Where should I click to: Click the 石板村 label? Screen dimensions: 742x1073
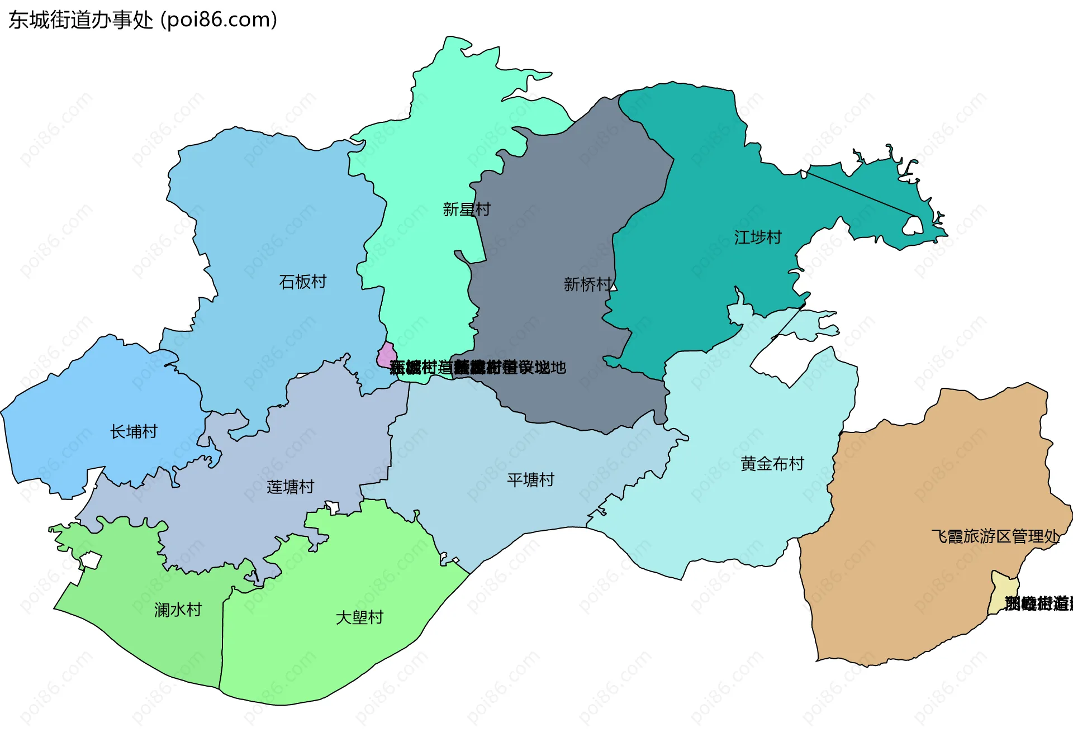pyautogui.click(x=302, y=282)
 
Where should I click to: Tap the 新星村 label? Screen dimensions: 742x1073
pyautogui.click(x=466, y=210)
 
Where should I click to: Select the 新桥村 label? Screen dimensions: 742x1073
pyautogui.click(x=587, y=284)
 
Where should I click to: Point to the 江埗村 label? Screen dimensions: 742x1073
pyautogui.click(x=757, y=237)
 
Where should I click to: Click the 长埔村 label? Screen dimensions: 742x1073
pyautogui.click(x=134, y=431)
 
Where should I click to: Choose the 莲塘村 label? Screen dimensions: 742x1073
pyautogui.click(x=290, y=487)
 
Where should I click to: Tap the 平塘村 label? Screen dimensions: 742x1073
pyautogui.click(x=530, y=480)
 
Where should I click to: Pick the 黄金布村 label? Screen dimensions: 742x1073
pyautogui.click(x=772, y=464)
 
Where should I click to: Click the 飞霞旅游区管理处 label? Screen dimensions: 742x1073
pyautogui.click(x=995, y=536)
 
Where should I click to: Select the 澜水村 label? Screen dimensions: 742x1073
pyautogui.click(x=178, y=610)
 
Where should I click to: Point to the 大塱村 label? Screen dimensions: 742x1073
pyautogui.click(x=359, y=617)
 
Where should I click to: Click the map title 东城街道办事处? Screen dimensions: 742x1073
pyautogui.click(x=80, y=20)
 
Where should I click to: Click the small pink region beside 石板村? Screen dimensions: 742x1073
pyautogui.click(x=386, y=355)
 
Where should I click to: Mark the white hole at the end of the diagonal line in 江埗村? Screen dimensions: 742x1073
pyautogui.click(x=913, y=226)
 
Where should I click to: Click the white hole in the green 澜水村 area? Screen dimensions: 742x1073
pyautogui.click(x=91, y=560)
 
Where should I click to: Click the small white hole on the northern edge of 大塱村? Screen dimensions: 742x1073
pyautogui.click(x=333, y=508)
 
